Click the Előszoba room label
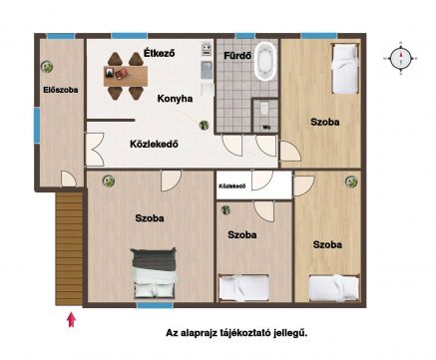tap(61, 90)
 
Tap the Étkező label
tap(159, 53)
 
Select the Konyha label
tap(175, 99)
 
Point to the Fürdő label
tap(237, 56)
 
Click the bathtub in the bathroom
tap(265, 61)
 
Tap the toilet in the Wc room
tap(264, 108)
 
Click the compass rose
tap(400, 59)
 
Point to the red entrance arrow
tap(71, 320)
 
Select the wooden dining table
tap(126, 76)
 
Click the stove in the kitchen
tap(207, 49)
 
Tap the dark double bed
tap(155, 272)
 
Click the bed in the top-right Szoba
tap(345, 68)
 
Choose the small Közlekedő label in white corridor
tap(232, 186)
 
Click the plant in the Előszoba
tap(47, 67)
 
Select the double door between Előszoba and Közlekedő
tap(95, 150)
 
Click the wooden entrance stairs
tap(69, 249)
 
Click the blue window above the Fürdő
tap(245, 36)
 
